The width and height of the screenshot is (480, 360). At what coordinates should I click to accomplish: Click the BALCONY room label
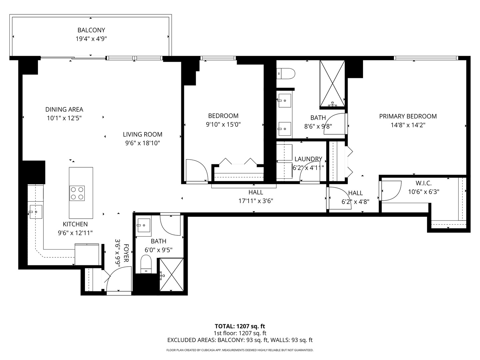tap(91, 30)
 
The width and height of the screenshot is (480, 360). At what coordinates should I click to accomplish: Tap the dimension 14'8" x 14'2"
tap(408, 125)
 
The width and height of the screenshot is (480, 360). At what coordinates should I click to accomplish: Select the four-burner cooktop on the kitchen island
tap(77, 193)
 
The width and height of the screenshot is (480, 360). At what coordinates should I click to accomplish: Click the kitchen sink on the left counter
tap(35, 212)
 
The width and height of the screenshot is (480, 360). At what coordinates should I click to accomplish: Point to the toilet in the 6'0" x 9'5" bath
tap(146, 263)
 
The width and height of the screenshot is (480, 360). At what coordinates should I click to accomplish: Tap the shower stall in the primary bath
tap(332, 84)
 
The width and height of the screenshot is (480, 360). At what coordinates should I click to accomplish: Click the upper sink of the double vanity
tap(285, 100)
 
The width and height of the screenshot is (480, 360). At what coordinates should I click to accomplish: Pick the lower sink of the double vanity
tap(285, 128)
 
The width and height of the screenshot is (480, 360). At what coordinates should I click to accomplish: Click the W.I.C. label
tap(424, 183)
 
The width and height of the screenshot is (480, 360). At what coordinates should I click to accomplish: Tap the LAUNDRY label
tap(308, 159)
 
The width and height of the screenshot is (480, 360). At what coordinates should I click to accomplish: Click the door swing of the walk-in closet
tap(391, 191)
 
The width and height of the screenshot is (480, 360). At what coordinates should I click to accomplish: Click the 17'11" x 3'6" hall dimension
tap(256, 201)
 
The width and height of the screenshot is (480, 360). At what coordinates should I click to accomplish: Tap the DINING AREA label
tap(64, 109)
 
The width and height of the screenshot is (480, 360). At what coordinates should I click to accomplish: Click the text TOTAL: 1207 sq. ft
tap(240, 326)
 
